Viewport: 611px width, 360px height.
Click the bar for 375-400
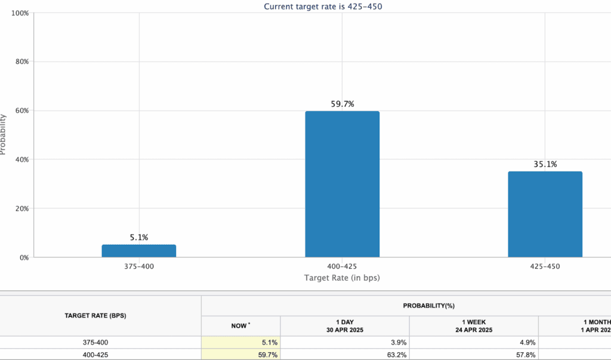pos(138,251)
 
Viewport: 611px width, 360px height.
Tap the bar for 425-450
pos(545,214)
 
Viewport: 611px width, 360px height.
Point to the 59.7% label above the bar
pos(342,104)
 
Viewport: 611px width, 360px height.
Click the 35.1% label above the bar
pos(545,164)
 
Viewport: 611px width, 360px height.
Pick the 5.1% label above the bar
pos(139,238)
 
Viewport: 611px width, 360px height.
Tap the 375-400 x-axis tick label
pos(139,266)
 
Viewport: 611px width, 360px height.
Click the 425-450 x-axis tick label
pos(545,266)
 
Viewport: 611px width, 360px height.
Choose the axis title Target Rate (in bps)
pos(342,278)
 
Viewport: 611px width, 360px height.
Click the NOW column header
pos(241,325)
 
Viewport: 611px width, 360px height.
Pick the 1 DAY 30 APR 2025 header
pos(345,325)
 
